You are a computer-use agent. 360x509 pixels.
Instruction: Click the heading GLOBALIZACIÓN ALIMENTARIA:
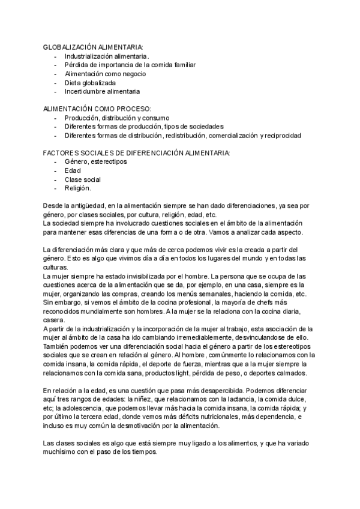[94, 46]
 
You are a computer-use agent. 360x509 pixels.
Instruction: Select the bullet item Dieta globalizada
[90, 82]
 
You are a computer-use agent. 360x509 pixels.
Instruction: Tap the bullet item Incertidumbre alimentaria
[102, 91]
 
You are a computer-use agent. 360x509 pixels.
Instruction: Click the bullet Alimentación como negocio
[105, 73]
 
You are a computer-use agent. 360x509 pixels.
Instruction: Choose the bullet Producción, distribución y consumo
[117, 118]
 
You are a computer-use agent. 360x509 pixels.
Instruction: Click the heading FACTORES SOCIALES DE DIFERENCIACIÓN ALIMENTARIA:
[136, 154]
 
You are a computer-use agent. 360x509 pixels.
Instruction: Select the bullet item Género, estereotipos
[95, 162]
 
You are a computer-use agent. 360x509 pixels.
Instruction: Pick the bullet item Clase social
[82, 179]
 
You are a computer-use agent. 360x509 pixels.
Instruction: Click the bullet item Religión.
[77, 188]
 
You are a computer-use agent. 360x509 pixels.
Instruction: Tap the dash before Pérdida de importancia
[56, 64]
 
